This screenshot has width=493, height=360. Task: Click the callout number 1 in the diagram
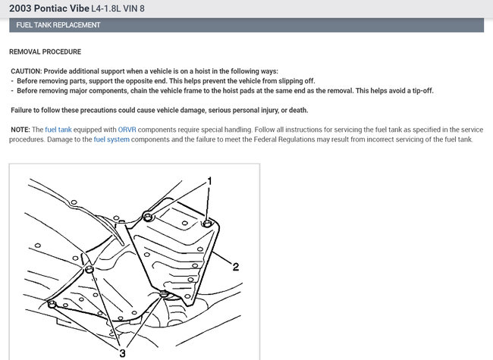[209, 181]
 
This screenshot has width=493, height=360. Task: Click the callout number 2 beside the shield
[236, 266]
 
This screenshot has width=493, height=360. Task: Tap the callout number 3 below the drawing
[121, 352]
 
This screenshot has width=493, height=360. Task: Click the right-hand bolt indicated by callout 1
[207, 223]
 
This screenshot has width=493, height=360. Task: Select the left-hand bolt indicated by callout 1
[149, 218]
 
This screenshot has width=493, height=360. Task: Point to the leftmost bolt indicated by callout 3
[52, 304]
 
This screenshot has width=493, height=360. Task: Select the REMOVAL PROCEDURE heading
[45, 52]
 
